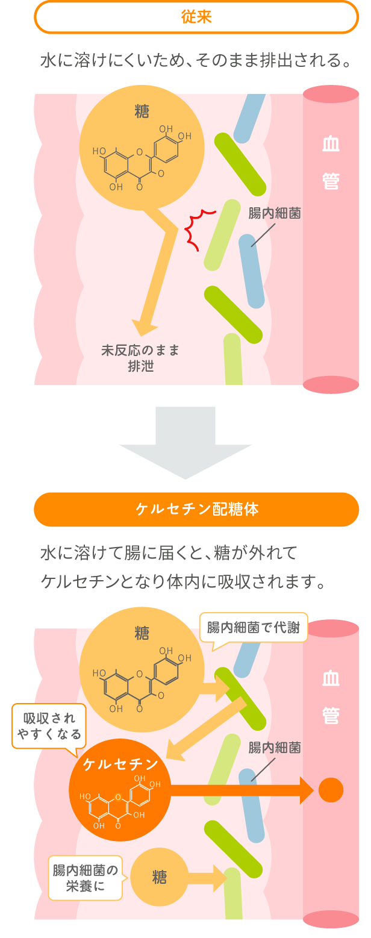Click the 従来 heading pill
pyautogui.click(x=196, y=17)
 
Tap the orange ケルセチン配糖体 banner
pyautogui.click(x=196, y=510)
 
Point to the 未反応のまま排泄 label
pyautogui.click(x=140, y=358)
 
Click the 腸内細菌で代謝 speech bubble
pyautogui.click(x=253, y=628)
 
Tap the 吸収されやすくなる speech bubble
pyautogui.click(x=49, y=726)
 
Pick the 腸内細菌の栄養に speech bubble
pyautogui.click(x=85, y=878)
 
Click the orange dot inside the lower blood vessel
pyautogui.click(x=331, y=790)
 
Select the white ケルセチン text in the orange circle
pyautogui.click(x=120, y=764)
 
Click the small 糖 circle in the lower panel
pyautogui.click(x=159, y=878)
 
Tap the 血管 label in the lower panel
pyautogui.click(x=331, y=697)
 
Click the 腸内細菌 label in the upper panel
pyautogui.click(x=274, y=213)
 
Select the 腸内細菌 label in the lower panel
pyautogui.click(x=274, y=748)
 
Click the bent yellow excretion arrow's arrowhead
pyautogui.click(x=144, y=328)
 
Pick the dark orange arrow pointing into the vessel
pyautogui.click(x=241, y=790)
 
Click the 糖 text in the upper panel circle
pyautogui.click(x=142, y=112)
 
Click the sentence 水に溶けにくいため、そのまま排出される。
pyautogui.click(x=196, y=61)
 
